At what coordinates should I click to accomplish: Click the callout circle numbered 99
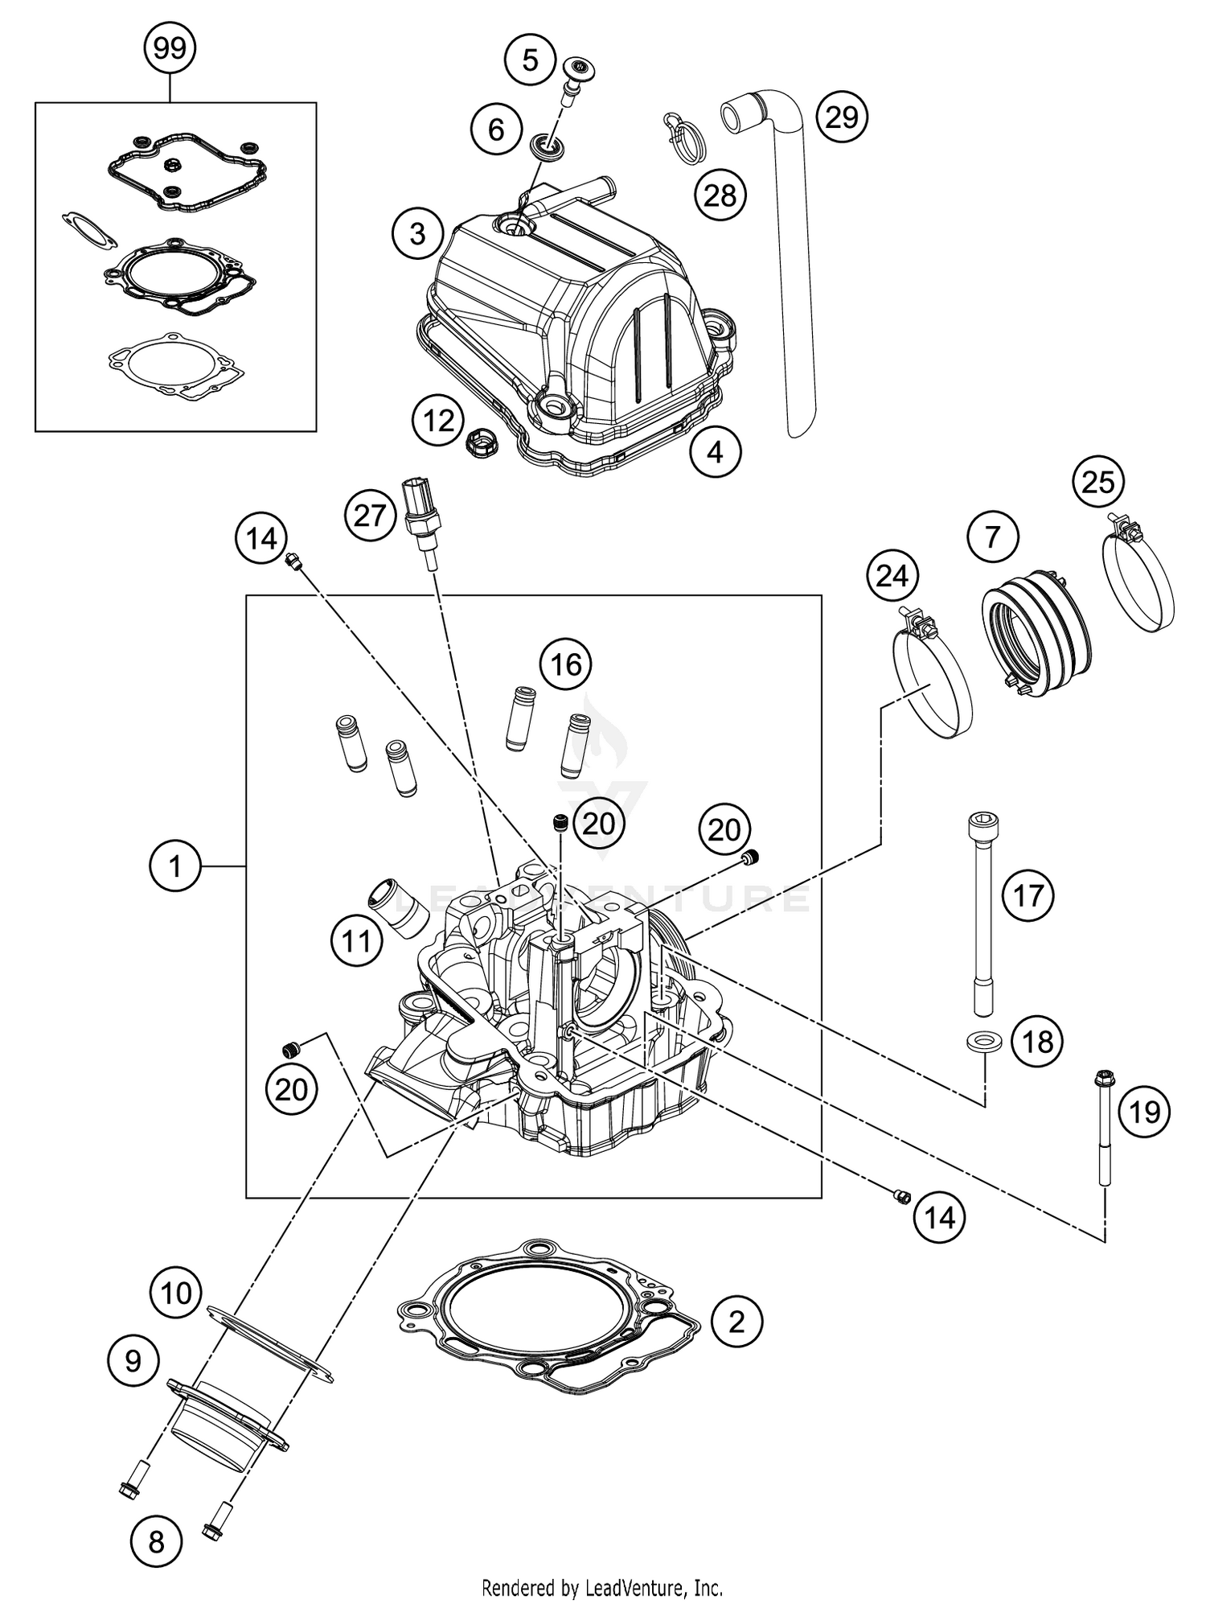pyautogui.click(x=170, y=49)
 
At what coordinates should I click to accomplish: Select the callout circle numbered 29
pyautogui.click(x=842, y=117)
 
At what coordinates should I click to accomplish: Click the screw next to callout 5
pyautogui.click(x=572, y=76)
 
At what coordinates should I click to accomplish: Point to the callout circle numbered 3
pyautogui.click(x=417, y=233)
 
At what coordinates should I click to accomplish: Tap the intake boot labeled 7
pyautogui.click(x=1036, y=631)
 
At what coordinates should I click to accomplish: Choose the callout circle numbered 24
pyautogui.click(x=892, y=576)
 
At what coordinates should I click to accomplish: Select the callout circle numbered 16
pyautogui.click(x=565, y=664)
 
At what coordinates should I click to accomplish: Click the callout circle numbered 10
pyautogui.click(x=175, y=1293)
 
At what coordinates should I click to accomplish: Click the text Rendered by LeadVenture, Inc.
pyautogui.click(x=602, y=1587)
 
